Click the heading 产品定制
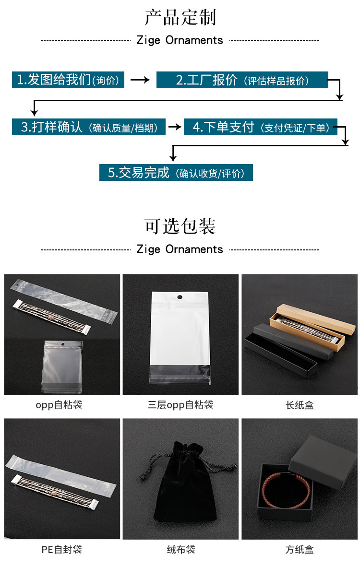pyautogui.click(x=180, y=18)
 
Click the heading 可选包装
pyautogui.click(x=180, y=226)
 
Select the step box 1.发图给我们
pyautogui.click(x=68, y=80)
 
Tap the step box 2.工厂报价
pyautogui.click(x=242, y=80)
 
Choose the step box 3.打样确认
pyautogui.click(x=89, y=127)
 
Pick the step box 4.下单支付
pyautogui.click(x=261, y=127)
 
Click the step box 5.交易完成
pyautogui.click(x=176, y=173)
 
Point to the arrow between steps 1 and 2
pyautogui.click(x=140, y=80)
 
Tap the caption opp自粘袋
pyautogui.click(x=59, y=405)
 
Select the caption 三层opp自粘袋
pyautogui.click(x=180, y=405)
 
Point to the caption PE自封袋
pyautogui.click(x=61, y=549)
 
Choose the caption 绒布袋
pyautogui.click(x=180, y=549)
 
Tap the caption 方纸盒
pyautogui.click(x=300, y=549)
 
